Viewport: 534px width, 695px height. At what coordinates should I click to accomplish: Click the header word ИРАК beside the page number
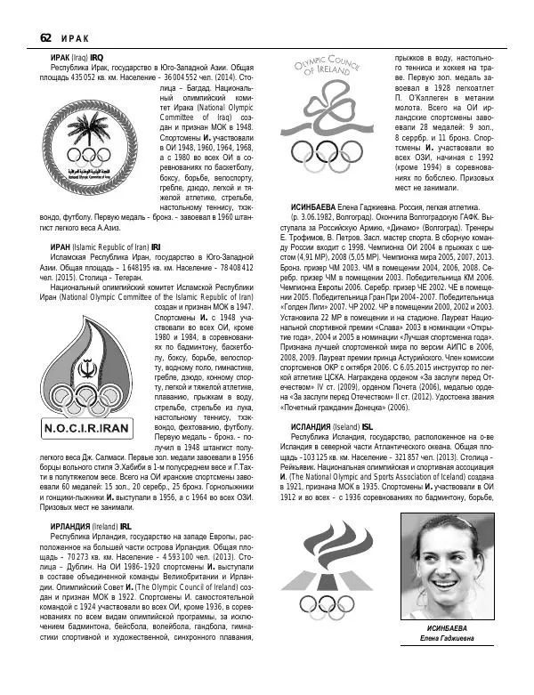tap(77, 37)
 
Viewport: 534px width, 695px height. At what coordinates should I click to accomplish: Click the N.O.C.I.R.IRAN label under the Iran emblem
tap(99, 428)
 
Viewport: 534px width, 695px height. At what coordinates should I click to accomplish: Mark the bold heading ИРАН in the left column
tap(61, 246)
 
